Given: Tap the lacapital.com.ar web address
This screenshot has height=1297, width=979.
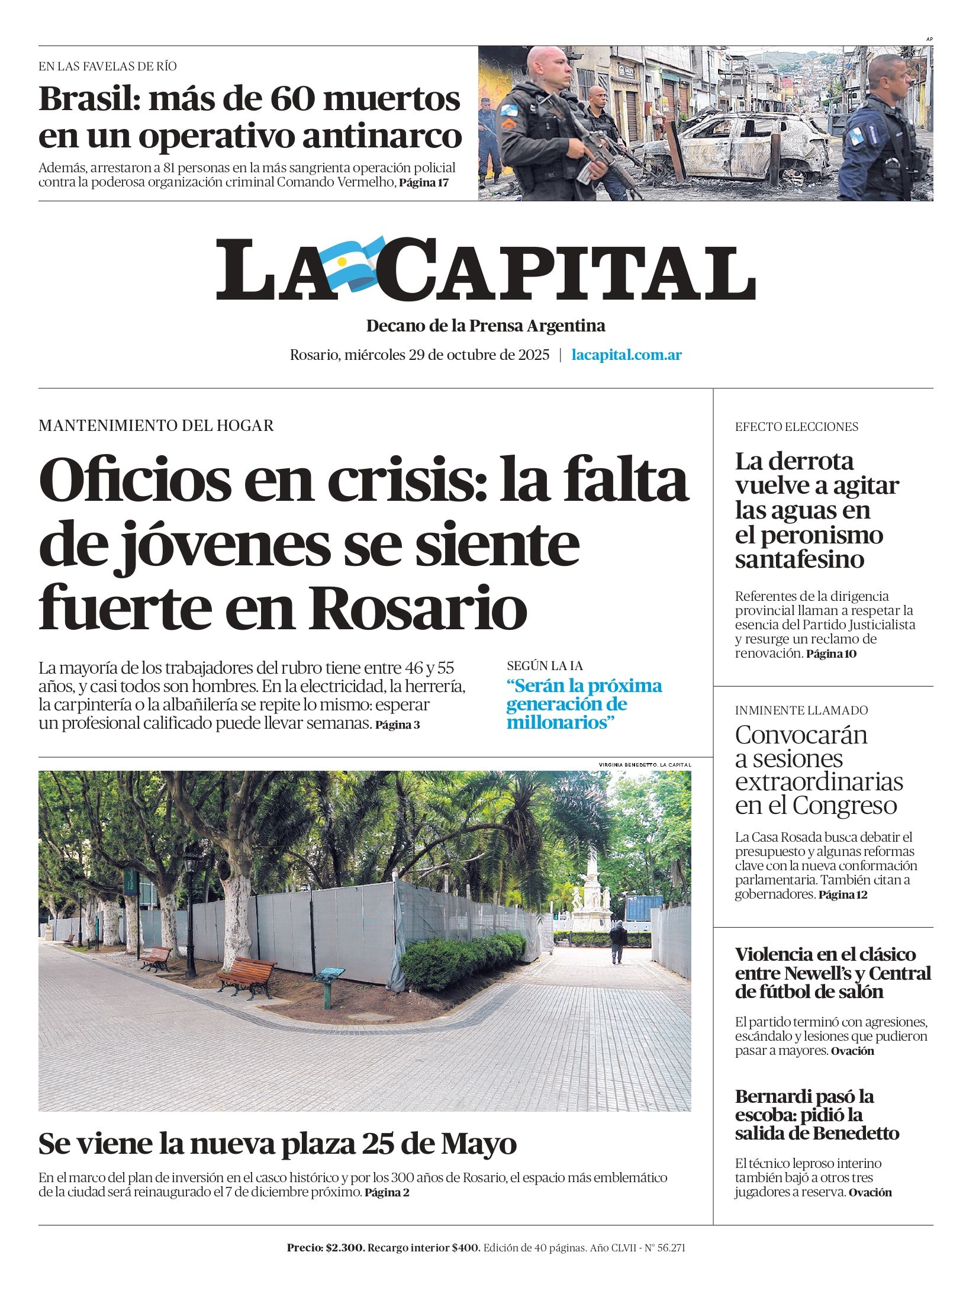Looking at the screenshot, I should click(x=626, y=355).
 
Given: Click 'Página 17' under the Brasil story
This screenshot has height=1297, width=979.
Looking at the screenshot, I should click(x=424, y=183).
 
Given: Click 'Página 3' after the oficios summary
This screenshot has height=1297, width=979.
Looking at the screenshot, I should click(x=397, y=725).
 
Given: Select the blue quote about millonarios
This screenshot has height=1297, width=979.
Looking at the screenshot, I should click(x=584, y=704).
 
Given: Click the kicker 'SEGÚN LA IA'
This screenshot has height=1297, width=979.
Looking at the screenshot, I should click(x=545, y=666).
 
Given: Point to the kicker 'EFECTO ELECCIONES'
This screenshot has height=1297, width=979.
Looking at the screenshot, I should click(x=796, y=427).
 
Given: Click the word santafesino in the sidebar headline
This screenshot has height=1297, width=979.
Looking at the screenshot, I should click(x=799, y=559).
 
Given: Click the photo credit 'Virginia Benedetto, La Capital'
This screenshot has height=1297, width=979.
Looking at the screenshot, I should click(x=645, y=765).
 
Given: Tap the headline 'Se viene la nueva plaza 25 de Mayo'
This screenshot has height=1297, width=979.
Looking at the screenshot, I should click(x=277, y=1143).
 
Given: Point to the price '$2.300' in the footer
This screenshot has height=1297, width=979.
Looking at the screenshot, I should click(x=344, y=1248).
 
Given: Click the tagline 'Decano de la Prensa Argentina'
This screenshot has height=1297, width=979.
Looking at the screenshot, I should click(x=485, y=326).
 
